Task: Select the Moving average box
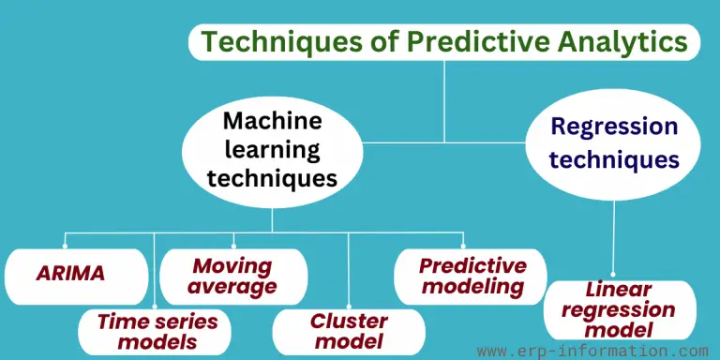233,277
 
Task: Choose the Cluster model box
336,331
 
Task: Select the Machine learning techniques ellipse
272,150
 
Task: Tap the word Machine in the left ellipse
273,121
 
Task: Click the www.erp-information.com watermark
592,351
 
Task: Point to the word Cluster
336,321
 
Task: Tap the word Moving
232,266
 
